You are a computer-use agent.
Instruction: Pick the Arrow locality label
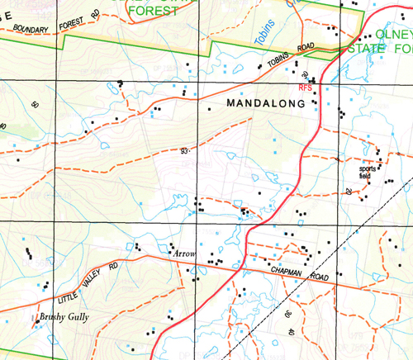click(183, 253)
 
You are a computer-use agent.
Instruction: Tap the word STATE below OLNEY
click(373, 49)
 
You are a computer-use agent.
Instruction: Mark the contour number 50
click(35, 106)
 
